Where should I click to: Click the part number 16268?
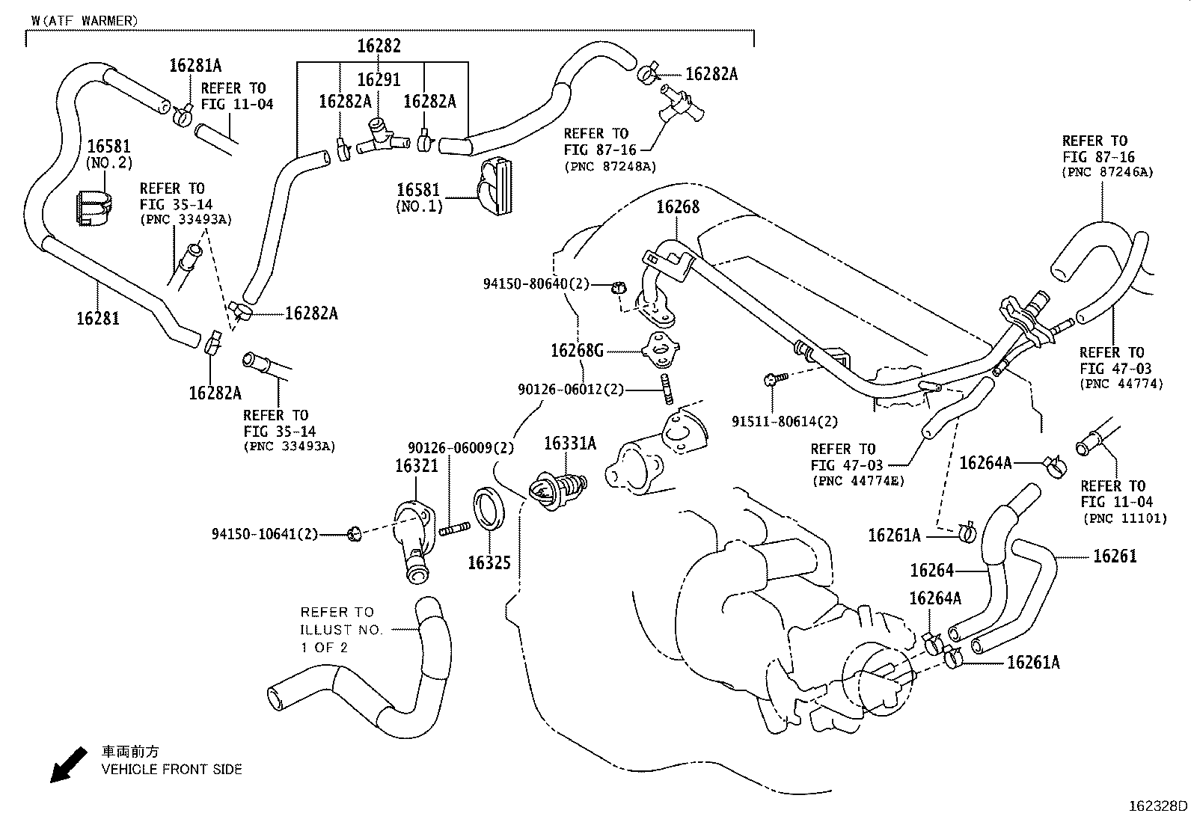pyautogui.click(x=678, y=206)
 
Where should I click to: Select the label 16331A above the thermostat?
pyautogui.click(x=569, y=444)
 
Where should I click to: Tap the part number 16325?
pyautogui.click(x=489, y=562)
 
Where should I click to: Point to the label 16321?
pyautogui.click(x=416, y=465)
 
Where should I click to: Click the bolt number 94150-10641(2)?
pyautogui.click(x=265, y=534)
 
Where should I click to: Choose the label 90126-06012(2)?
pyautogui.click(x=570, y=389)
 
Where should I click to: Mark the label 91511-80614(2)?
pyautogui.click(x=785, y=422)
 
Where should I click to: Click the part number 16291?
pyautogui.click(x=379, y=79)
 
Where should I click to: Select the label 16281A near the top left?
pyautogui.click(x=195, y=65)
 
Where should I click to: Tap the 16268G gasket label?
pyautogui.click(x=577, y=349)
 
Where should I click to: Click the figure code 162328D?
pyautogui.click(x=1158, y=806)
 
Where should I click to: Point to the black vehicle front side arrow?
pyautogui.click(x=66, y=764)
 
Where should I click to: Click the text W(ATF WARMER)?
pyautogui.click(x=85, y=21)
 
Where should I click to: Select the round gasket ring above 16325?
pyautogui.click(x=490, y=509)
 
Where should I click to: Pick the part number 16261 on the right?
pyautogui.click(x=1115, y=556)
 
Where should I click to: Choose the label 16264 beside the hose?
pyautogui.click(x=931, y=571)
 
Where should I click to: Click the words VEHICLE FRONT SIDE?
pyautogui.click(x=172, y=769)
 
